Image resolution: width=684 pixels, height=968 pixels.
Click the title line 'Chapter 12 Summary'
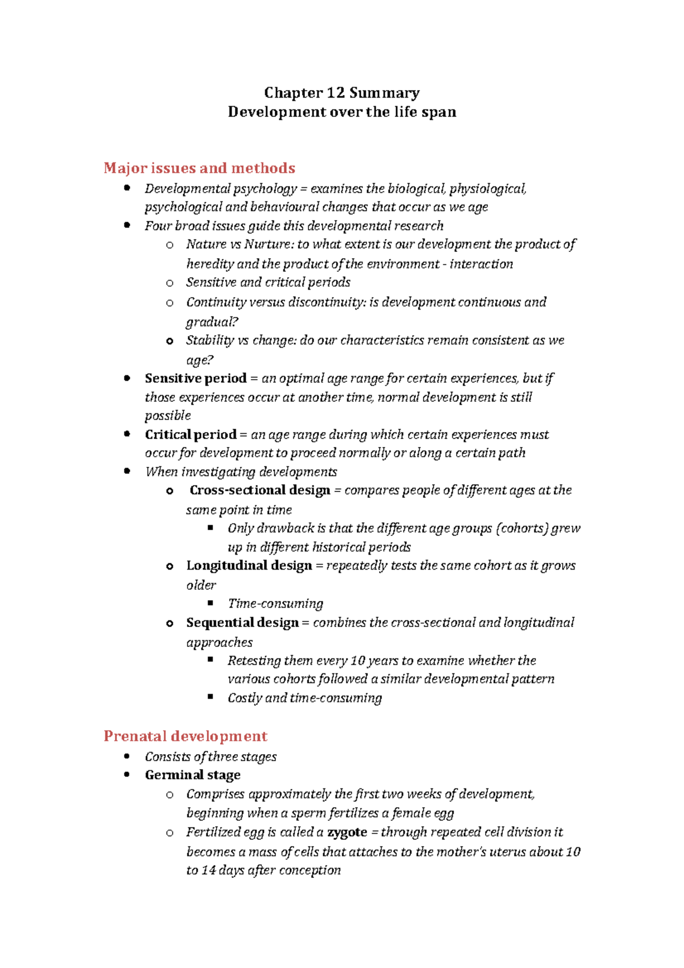[341, 93]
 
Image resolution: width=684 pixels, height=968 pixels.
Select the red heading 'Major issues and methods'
[199, 168]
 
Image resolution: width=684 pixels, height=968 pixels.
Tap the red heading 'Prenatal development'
[185, 736]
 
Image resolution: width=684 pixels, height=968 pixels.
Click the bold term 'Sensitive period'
[196, 379]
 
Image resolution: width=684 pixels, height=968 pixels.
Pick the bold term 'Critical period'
[190, 434]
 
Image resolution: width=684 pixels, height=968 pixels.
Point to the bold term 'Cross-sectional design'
[260, 490]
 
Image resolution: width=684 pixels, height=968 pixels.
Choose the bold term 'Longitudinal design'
[249, 566]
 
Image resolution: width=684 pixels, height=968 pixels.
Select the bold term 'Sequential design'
[242, 623]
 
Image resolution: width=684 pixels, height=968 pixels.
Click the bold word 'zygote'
[347, 832]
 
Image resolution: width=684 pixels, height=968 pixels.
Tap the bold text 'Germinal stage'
[193, 775]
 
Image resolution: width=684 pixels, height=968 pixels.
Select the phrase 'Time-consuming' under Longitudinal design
[275, 604]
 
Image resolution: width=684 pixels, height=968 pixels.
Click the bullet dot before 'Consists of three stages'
[127, 756]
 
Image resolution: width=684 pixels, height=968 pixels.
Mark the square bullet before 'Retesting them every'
[210, 660]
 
